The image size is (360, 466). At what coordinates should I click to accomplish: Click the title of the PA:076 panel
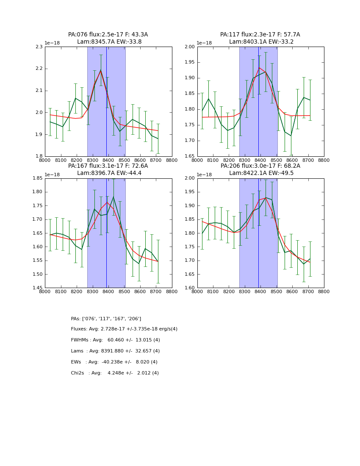pyautogui.click(x=108, y=38)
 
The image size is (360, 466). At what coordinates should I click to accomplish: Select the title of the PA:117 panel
pyautogui.click(x=260, y=38)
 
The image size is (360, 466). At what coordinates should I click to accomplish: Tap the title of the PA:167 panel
pyautogui.click(x=108, y=169)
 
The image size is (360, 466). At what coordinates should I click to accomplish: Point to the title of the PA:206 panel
pyautogui.click(x=260, y=169)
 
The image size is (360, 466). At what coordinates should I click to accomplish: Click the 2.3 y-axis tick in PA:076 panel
pyautogui.click(x=39, y=47)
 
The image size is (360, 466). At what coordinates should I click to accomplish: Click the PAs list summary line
pyautogui.click(x=106, y=319)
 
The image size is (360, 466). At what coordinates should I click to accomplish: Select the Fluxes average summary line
pyautogui.click(x=124, y=329)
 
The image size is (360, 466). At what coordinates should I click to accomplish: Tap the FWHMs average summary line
pyautogui.click(x=115, y=340)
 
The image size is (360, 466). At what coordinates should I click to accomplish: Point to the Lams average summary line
pyautogui.click(x=115, y=351)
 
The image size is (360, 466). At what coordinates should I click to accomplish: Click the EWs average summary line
pyautogui.click(x=114, y=362)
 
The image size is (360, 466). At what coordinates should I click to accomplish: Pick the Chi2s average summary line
pyautogui.click(x=115, y=373)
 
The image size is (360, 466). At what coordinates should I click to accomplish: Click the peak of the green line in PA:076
pyautogui.click(x=101, y=70)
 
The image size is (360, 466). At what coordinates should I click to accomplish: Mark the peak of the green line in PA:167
pyautogui.click(x=113, y=197)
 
